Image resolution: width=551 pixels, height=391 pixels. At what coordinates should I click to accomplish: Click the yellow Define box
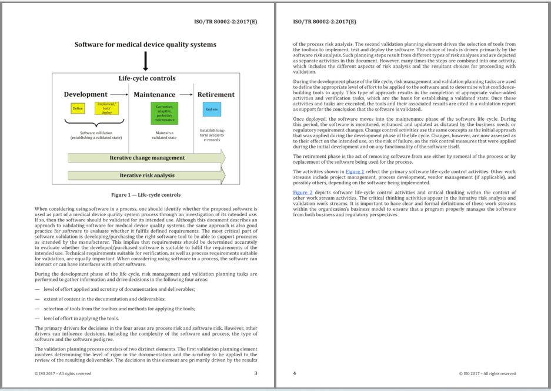tap(78, 109)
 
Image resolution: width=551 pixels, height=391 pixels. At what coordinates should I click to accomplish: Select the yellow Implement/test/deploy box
tap(106, 108)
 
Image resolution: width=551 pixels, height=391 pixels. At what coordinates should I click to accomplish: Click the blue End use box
tap(212, 109)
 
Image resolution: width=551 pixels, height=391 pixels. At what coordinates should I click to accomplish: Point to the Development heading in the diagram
tap(86, 94)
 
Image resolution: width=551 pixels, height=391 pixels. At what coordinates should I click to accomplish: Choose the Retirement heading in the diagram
tap(216, 94)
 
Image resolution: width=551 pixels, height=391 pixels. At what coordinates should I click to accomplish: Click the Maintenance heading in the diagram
tap(155, 94)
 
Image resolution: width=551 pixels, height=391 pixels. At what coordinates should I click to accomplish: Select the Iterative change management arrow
tap(146, 158)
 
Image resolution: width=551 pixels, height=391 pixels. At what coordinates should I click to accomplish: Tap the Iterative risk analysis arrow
tap(146, 175)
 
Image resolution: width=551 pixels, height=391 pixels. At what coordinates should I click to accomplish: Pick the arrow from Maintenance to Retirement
tap(186, 94)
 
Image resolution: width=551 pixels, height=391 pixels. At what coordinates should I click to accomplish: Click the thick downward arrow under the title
tap(146, 61)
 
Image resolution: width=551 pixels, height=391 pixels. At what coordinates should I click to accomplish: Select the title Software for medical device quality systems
tap(145, 44)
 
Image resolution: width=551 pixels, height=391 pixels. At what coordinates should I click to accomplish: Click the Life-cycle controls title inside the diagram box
tap(146, 78)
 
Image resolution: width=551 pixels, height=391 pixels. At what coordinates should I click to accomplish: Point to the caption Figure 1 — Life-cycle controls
tap(146, 195)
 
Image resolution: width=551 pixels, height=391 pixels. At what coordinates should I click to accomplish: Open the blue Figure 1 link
tap(354, 171)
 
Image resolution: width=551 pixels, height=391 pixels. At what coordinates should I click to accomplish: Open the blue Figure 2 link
tap(303, 193)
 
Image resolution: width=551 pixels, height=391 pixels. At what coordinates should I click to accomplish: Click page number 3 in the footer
tap(255, 373)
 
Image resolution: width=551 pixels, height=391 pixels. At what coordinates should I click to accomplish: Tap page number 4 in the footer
tap(295, 373)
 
